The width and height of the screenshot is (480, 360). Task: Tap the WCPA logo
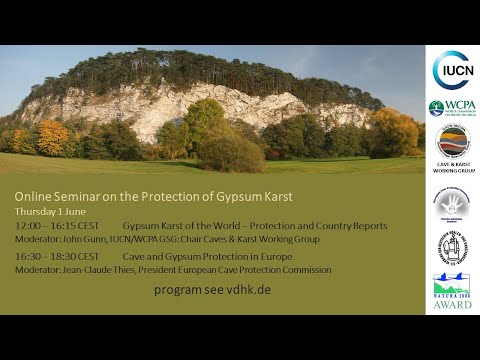click(x=452, y=108)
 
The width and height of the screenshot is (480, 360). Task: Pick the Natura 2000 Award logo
click(x=452, y=290)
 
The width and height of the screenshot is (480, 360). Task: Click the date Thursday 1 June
click(x=49, y=211)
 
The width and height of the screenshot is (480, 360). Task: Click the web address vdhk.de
click(x=250, y=289)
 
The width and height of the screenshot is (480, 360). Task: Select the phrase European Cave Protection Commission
click(x=270, y=270)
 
